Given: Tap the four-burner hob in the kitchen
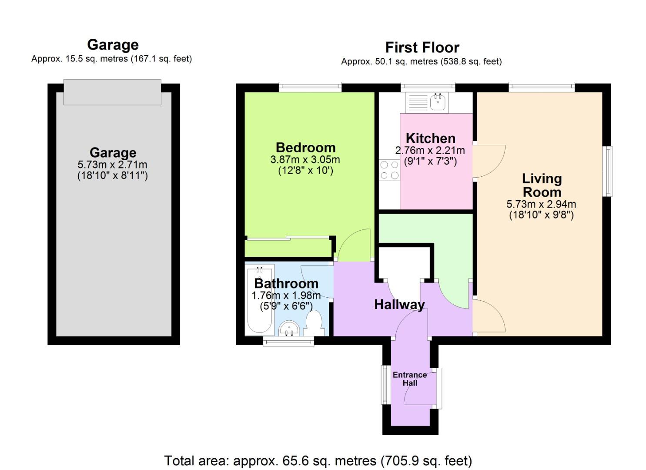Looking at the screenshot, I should [x=389, y=170].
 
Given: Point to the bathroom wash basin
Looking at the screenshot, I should [x=288, y=329].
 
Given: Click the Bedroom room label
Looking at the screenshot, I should [x=305, y=147].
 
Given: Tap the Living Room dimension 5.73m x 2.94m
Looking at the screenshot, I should [x=541, y=204].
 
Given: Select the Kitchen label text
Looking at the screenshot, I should [x=430, y=138].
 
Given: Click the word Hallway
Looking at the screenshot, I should [x=399, y=304].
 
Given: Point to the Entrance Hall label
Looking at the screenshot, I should [x=409, y=379].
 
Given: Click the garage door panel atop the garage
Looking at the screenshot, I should [x=112, y=92].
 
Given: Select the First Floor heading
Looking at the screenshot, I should [x=422, y=47].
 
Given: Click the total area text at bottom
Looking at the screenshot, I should [x=318, y=460].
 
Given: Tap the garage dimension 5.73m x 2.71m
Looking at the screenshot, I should [x=112, y=164].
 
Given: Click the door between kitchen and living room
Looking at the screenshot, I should [x=489, y=161].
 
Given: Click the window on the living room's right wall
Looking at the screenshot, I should [x=608, y=171].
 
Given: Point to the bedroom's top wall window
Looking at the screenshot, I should [x=310, y=87].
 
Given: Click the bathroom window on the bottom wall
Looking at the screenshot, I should [x=288, y=342].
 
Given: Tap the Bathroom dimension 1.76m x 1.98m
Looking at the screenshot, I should [x=286, y=295].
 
